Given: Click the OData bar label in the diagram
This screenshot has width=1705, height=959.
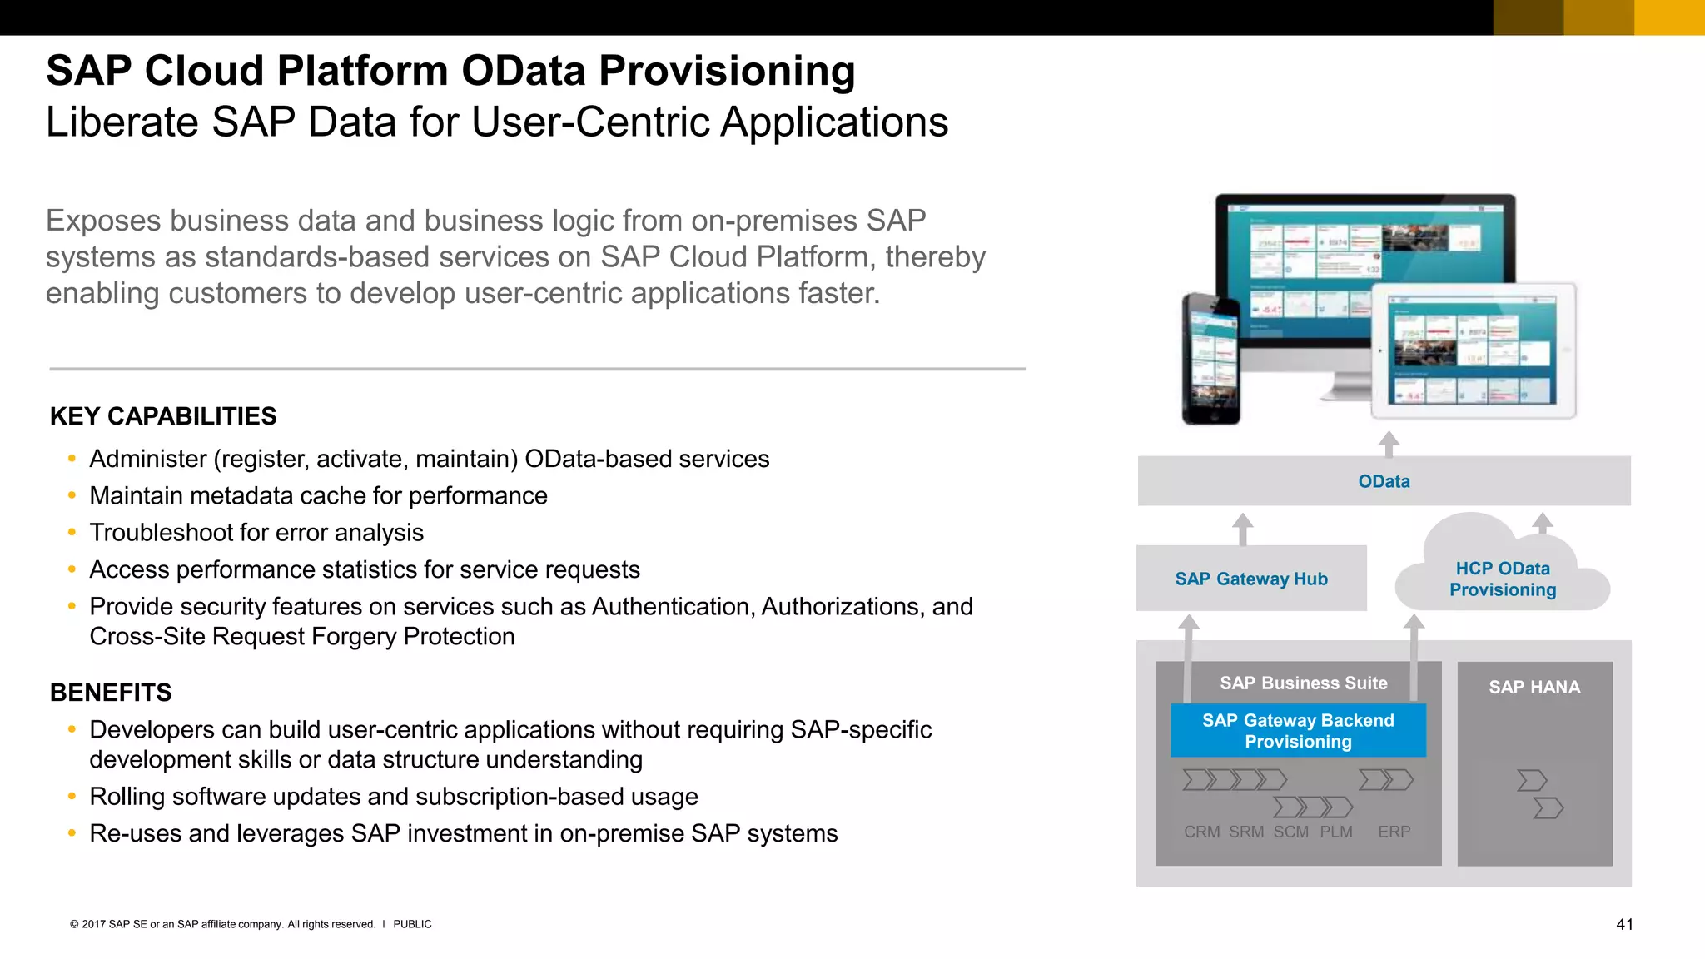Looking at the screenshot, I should (1384, 481).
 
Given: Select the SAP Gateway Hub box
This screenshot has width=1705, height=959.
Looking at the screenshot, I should (1250, 579).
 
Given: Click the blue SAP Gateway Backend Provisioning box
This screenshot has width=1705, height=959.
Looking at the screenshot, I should (1298, 731).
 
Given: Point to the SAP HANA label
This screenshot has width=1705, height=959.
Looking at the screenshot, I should (1534, 688).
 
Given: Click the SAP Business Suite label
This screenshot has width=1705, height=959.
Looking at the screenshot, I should (1303, 683).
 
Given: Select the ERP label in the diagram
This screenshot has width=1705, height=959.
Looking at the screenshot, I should (1394, 832).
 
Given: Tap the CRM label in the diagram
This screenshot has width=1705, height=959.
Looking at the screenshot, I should (1201, 832).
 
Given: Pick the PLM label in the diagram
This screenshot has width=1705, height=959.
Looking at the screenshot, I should (1335, 832).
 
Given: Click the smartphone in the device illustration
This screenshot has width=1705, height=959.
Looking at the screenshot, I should (1210, 359).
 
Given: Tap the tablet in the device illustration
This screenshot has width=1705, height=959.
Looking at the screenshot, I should (1474, 350).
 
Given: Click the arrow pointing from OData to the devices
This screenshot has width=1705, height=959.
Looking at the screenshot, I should (1388, 444).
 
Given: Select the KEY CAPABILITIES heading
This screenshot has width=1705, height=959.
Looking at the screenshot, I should (163, 416).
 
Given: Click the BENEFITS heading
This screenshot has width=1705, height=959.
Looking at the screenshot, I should (111, 693).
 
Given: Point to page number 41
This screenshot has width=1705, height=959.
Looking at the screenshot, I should (1624, 924).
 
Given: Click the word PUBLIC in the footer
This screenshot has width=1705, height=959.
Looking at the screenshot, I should (412, 924).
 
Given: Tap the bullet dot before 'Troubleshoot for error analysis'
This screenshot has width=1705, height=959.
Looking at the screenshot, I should (72, 532).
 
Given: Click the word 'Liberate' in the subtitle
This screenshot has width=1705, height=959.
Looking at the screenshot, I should (122, 122).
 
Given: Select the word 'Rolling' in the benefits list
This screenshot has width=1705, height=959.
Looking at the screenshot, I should (127, 797).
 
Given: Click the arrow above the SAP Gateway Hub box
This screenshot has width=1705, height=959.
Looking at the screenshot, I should (1242, 529).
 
